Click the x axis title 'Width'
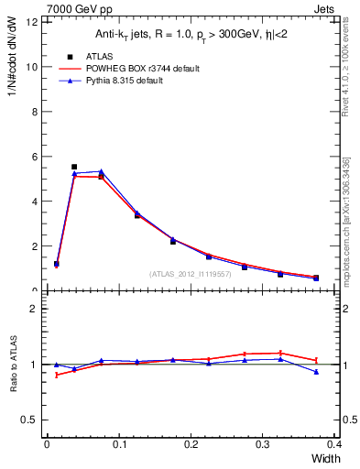(x=324, y=458)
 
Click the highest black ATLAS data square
(x=74, y=167)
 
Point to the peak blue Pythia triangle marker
(x=101, y=171)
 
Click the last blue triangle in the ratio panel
(x=316, y=372)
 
